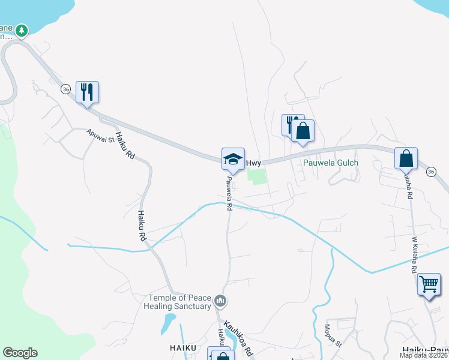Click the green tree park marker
pyautogui.click(x=22, y=29)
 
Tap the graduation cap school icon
pyautogui.click(x=233, y=159)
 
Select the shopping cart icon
pyautogui.click(x=429, y=284)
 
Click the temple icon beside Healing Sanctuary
pyautogui.click(x=220, y=300)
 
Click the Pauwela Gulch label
pyautogui.click(x=330, y=163)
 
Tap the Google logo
pyautogui.click(x=20, y=353)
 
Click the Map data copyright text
pyautogui.click(x=423, y=355)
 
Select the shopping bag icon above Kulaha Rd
pyautogui.click(x=406, y=158)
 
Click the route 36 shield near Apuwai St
pyautogui.click(x=65, y=88)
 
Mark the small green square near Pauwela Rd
pyautogui.click(x=257, y=176)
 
